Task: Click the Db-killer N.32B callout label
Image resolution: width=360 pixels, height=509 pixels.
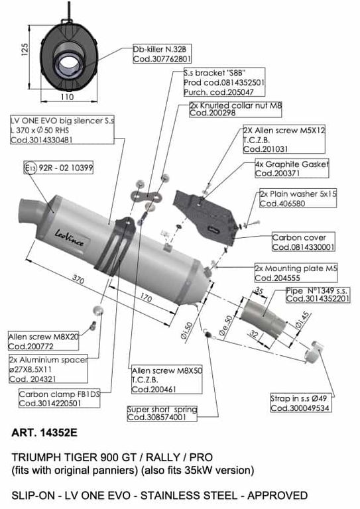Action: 162,54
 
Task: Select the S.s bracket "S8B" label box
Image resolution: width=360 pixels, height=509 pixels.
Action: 224,82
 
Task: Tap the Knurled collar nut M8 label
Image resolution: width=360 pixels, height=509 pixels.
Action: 235,109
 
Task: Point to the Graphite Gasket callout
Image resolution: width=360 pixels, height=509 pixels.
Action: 292,168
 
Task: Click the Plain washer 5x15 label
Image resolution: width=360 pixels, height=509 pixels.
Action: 298,198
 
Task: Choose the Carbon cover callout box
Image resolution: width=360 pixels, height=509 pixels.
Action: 303,242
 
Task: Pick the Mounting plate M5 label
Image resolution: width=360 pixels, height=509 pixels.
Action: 296,273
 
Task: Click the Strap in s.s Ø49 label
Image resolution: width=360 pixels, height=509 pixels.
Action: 300,403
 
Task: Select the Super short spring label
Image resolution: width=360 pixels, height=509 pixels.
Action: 162,414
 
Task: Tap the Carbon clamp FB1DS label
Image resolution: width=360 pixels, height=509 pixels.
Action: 59,398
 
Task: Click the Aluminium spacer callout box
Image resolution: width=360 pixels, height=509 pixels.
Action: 48,368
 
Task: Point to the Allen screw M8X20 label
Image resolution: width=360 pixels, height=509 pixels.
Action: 44,341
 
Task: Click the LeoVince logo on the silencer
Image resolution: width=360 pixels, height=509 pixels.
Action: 69,238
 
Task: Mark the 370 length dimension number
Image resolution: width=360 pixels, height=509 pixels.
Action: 78,279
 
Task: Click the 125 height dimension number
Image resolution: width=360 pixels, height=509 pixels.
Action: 25,50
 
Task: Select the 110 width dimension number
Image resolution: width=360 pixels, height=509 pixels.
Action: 67,97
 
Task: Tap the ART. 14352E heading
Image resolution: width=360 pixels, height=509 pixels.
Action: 44,433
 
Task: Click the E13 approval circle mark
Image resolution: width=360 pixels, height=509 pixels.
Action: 31,168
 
